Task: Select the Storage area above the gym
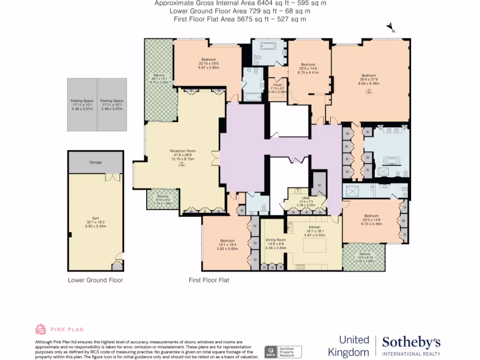point(96,162)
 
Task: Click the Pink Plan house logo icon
point(41,329)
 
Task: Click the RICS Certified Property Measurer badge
point(283,352)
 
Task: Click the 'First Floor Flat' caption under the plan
point(209,280)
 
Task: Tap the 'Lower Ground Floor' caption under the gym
point(95,280)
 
